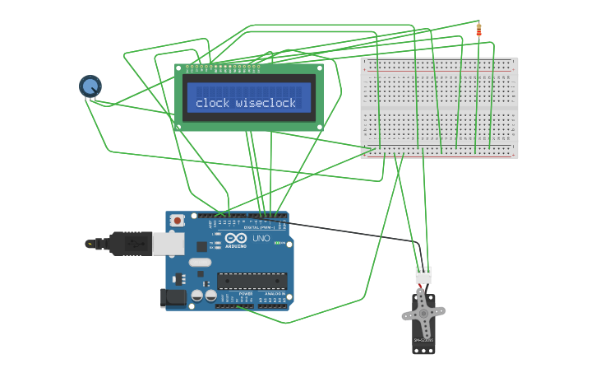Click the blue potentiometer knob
90,86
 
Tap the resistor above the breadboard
479,30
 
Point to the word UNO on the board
261,238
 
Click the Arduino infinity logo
235,237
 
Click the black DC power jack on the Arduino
175,297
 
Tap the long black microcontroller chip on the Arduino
252,281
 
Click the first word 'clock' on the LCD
212,103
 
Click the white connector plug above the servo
423,275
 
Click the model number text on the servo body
423,340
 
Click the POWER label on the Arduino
246,294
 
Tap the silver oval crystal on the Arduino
200,263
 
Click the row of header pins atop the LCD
223,66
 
